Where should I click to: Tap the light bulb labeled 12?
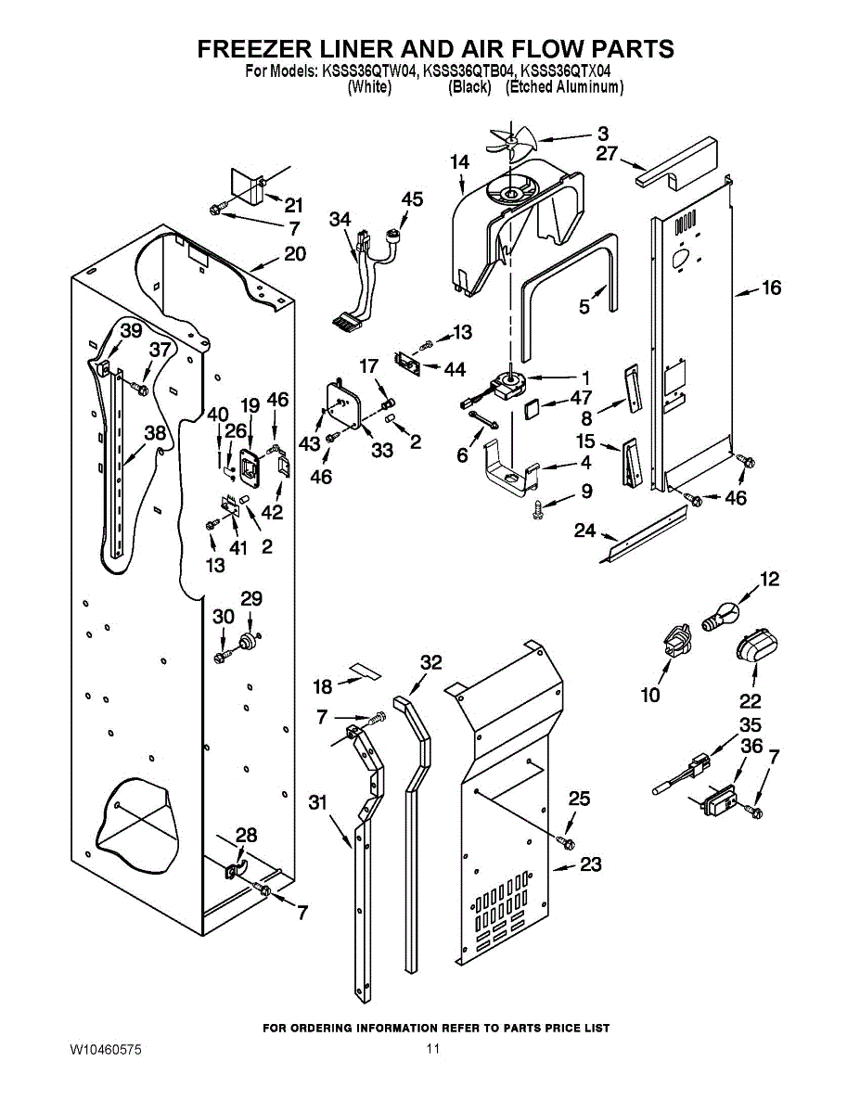(723, 614)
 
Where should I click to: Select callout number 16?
(771, 288)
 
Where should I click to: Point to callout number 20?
(295, 253)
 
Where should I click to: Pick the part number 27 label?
(607, 154)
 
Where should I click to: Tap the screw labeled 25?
(568, 841)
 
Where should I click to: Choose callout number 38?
(155, 432)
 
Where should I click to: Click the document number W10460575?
(105, 1049)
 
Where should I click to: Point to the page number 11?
(432, 1049)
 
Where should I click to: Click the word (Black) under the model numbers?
(469, 86)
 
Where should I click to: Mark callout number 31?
(318, 802)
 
